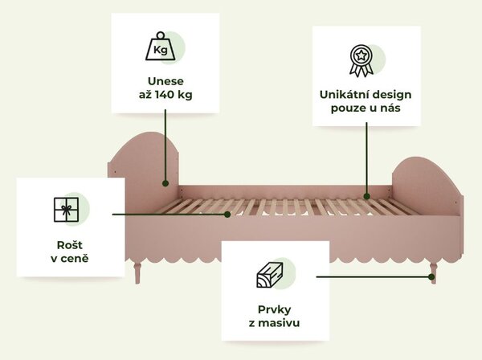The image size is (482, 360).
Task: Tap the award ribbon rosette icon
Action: click(x=361, y=61)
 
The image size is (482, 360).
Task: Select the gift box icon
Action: click(x=66, y=210)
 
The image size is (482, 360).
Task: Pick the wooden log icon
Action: click(x=270, y=275)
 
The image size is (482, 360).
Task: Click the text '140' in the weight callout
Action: click(x=165, y=94)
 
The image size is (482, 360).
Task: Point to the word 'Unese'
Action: click(x=165, y=81)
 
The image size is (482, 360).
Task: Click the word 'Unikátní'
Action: click(x=341, y=94)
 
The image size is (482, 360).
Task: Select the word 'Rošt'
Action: click(x=70, y=245)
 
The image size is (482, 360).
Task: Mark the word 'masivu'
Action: click(x=279, y=323)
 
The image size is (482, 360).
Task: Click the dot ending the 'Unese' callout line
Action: click(x=165, y=183)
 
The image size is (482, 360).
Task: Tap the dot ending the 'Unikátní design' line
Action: click(x=366, y=196)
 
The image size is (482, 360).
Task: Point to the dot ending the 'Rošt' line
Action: click(x=227, y=215)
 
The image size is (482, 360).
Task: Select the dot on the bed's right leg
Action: click(x=431, y=277)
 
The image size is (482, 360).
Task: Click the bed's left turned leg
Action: click(x=137, y=272)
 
